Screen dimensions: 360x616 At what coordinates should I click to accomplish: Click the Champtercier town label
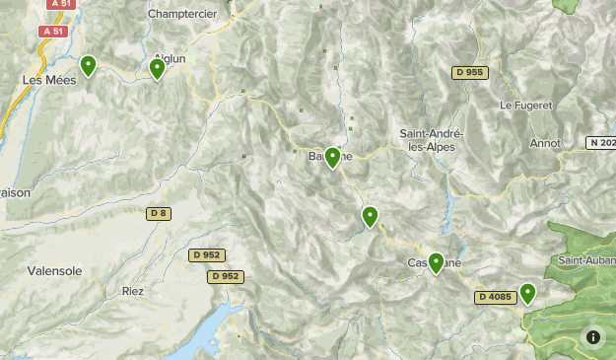pyautogui.click(x=182, y=14)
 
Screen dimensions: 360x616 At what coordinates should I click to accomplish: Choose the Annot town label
pyautogui.click(x=545, y=143)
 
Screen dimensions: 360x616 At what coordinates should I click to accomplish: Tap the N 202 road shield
pyautogui.click(x=600, y=143)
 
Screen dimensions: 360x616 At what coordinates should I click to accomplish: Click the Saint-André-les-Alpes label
pyautogui.click(x=433, y=139)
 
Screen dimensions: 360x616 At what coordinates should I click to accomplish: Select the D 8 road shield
pyautogui.click(x=159, y=213)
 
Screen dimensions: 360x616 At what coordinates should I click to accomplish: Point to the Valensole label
pyautogui.click(x=55, y=270)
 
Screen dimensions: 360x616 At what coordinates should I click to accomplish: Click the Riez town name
pyautogui.click(x=133, y=291)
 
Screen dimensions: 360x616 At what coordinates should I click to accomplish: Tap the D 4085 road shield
pyautogui.click(x=495, y=297)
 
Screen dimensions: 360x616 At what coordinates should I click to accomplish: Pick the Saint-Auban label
pyautogui.click(x=585, y=260)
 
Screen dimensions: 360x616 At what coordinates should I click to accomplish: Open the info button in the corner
pyautogui.click(x=593, y=337)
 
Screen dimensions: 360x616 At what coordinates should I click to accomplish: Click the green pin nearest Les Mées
pyautogui.click(x=88, y=66)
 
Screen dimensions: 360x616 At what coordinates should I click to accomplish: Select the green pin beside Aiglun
pyautogui.click(x=157, y=68)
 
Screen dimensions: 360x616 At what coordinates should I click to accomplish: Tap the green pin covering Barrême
pyautogui.click(x=333, y=157)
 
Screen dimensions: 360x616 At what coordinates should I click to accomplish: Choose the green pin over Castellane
pyautogui.click(x=436, y=262)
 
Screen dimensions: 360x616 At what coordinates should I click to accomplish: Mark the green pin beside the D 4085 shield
pyautogui.click(x=527, y=293)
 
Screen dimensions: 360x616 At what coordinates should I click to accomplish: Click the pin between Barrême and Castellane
pyautogui.click(x=371, y=216)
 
